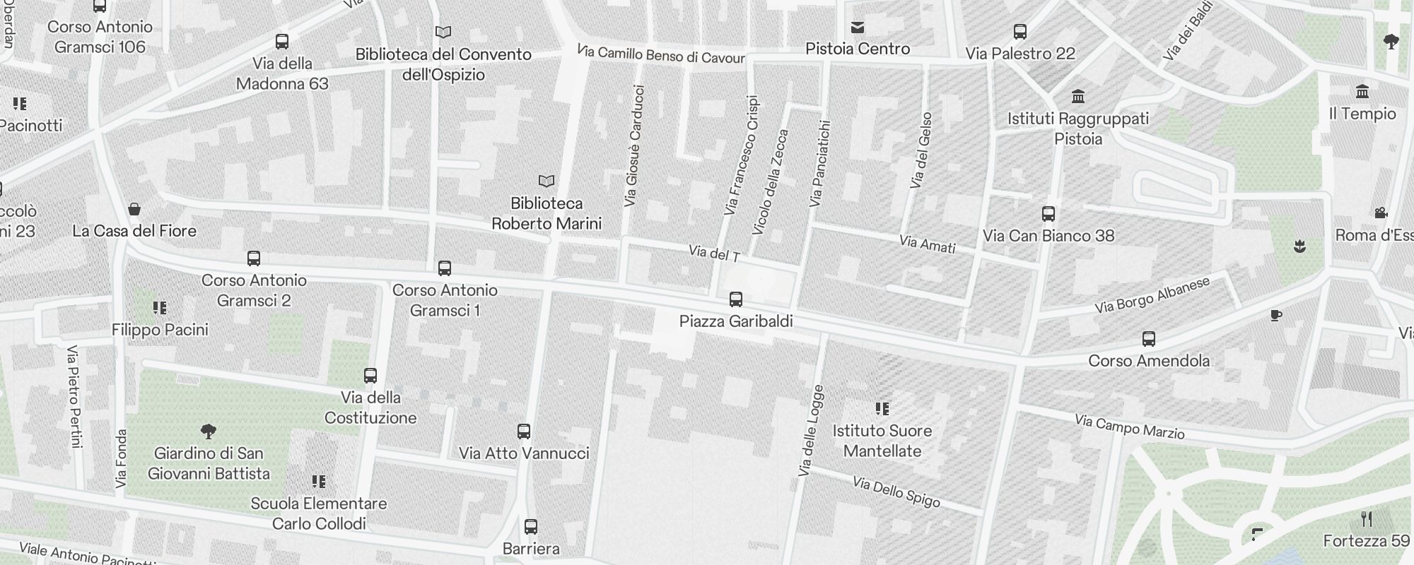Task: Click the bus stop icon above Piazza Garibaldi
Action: point(736,299)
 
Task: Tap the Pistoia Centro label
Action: point(858,49)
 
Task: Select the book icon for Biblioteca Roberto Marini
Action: point(547,182)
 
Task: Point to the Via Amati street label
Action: point(928,244)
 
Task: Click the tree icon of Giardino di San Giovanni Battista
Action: point(209,431)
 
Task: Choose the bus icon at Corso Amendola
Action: point(1149,339)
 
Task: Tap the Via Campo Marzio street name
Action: point(1129,427)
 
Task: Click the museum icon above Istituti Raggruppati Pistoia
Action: point(1078,96)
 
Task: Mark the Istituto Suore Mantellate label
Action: point(882,441)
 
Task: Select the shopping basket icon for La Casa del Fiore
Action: point(134,209)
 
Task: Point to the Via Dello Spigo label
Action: point(896,492)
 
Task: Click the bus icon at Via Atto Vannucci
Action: point(524,432)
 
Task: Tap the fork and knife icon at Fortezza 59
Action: point(1367,520)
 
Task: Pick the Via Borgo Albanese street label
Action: point(1152,295)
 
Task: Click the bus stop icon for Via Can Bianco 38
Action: point(1048,214)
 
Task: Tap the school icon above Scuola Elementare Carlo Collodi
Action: point(319,482)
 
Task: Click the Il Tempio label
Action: point(1362,114)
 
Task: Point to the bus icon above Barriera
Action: point(531,527)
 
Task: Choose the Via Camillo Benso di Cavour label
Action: point(661,54)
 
